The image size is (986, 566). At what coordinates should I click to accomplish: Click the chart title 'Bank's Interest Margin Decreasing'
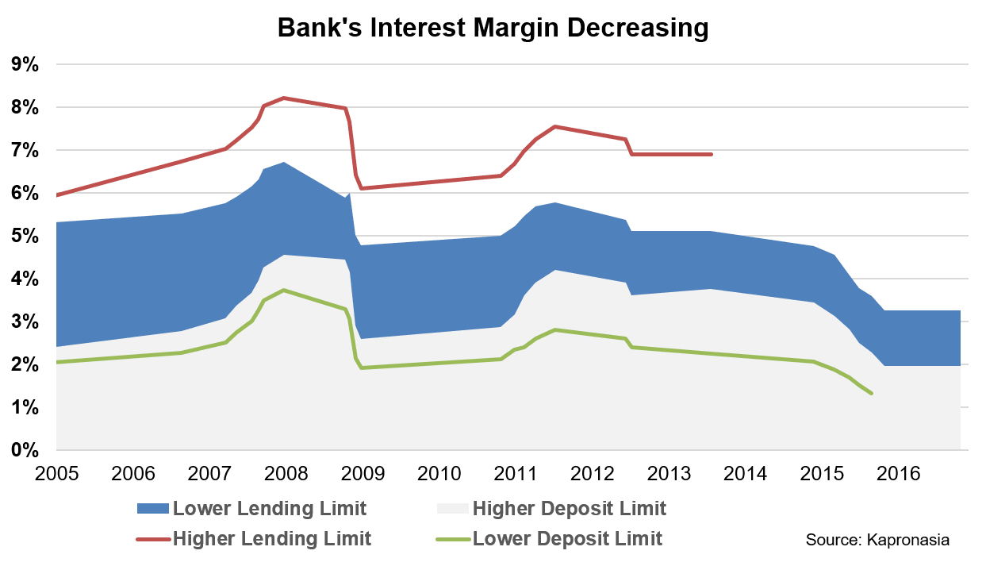(x=492, y=29)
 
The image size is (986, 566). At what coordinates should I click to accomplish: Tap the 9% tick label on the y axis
(x=25, y=65)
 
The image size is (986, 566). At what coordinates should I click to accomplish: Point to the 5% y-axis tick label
(x=25, y=237)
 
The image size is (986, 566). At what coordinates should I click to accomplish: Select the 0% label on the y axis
(x=25, y=451)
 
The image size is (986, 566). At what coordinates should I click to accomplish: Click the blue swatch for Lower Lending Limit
(x=152, y=508)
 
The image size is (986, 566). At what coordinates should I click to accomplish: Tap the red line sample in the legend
(x=152, y=539)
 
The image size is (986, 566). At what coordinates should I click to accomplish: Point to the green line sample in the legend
(x=451, y=539)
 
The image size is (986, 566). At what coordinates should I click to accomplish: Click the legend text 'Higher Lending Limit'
(x=271, y=539)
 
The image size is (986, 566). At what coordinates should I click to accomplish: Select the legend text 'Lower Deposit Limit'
(x=567, y=539)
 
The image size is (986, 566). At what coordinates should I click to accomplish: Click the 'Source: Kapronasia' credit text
(x=877, y=540)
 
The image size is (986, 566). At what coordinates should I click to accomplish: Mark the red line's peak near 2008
(x=283, y=98)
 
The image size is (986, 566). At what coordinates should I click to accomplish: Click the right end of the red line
(x=712, y=154)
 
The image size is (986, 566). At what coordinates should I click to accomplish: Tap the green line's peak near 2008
(x=283, y=290)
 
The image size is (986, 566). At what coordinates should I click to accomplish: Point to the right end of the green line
(x=872, y=393)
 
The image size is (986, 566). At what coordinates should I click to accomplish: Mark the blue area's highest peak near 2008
(x=283, y=163)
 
